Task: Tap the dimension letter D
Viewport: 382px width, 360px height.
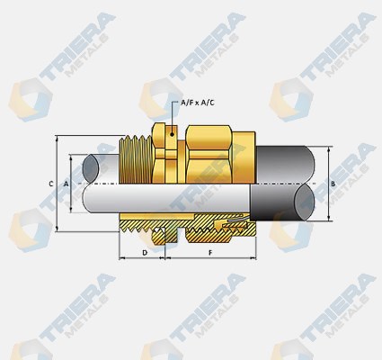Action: pos(144,254)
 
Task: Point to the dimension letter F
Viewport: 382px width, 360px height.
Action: pos(209,254)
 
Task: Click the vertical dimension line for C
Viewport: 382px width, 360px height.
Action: pos(58,184)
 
